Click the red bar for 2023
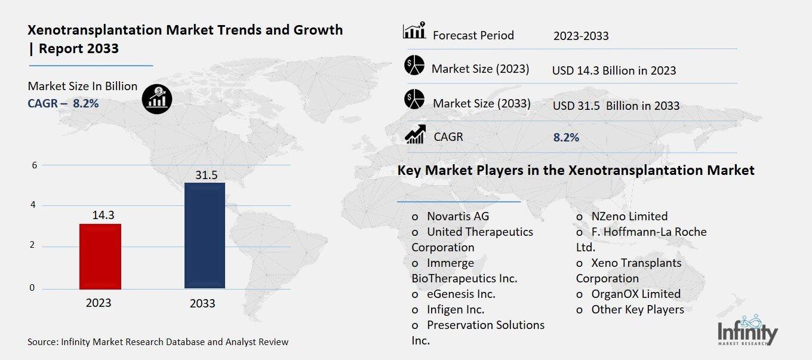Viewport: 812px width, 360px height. coord(100,256)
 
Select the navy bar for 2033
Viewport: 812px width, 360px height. coord(205,235)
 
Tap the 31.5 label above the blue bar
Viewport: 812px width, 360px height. coord(207,174)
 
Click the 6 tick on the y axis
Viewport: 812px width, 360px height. coord(34,165)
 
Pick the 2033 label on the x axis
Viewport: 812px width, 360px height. coord(202,303)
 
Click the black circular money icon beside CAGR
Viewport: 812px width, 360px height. coord(157,98)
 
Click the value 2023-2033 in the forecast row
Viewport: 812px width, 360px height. coord(580,36)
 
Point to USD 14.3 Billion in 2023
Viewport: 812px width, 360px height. coord(614,70)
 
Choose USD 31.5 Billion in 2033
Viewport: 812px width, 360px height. coord(616,106)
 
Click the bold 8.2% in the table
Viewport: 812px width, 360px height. coord(566,137)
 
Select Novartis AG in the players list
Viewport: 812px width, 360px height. coord(457,216)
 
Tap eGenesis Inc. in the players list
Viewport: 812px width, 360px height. coord(460,294)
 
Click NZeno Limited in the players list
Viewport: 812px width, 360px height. coord(629,216)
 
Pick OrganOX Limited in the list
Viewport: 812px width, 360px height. coord(635,294)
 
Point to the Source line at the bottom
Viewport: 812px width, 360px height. coord(158,342)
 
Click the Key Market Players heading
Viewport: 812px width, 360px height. coord(576,171)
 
